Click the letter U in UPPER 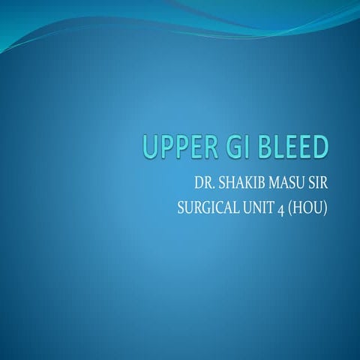pyautogui.click(x=145, y=148)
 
